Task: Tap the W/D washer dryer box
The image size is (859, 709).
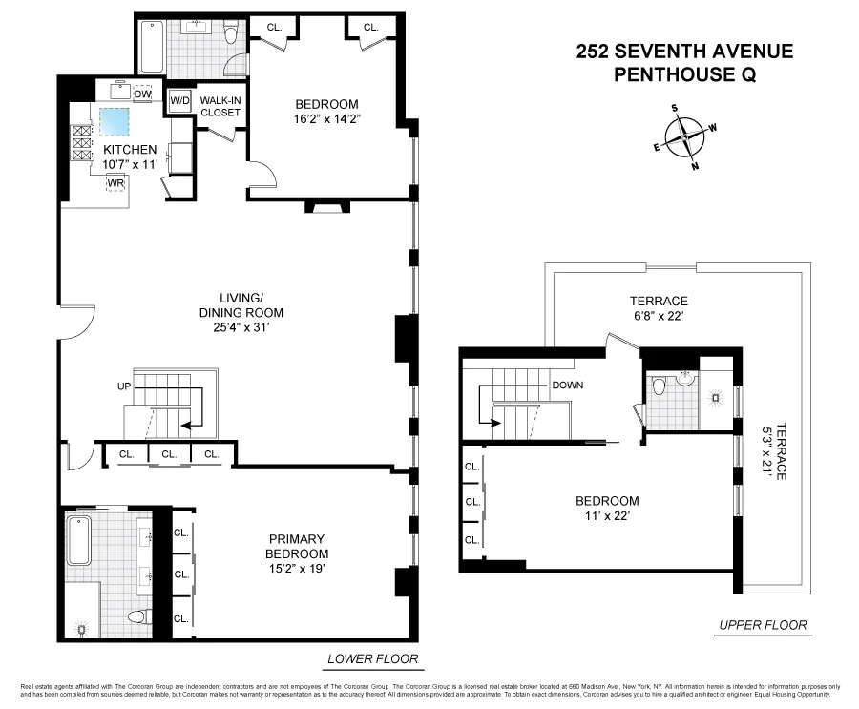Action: click(x=179, y=99)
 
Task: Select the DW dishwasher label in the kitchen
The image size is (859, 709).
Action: click(x=143, y=94)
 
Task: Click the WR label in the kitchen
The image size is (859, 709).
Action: click(x=116, y=181)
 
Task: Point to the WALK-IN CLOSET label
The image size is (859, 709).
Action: click(x=220, y=106)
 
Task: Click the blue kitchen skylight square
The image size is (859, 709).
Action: click(x=116, y=122)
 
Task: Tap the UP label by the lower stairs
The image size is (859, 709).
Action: click(x=122, y=387)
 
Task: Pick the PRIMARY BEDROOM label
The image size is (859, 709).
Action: click(x=297, y=546)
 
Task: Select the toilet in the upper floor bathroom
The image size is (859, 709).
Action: click(x=660, y=388)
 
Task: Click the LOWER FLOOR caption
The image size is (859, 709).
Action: click(x=372, y=659)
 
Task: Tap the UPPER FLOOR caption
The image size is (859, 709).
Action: click(x=762, y=626)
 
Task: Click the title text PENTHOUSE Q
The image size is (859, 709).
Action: click(x=684, y=74)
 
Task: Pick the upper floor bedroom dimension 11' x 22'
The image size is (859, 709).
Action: click(x=607, y=516)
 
